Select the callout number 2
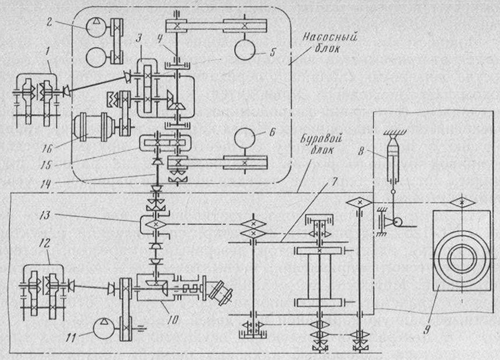[49, 23]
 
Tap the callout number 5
[272, 52]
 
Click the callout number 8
[361, 150]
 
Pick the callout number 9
[427, 329]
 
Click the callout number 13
[45, 215]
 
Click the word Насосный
[330, 37]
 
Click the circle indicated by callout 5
[245, 49]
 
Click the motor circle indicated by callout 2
[96, 28]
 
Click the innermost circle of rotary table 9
[462, 258]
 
